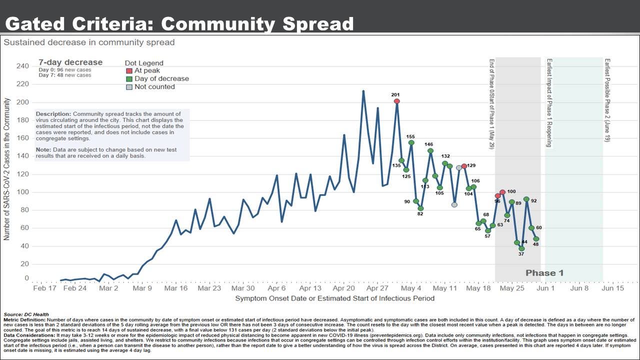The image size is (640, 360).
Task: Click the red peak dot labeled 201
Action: [x=397, y=101]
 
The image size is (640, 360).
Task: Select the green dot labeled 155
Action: [x=411, y=142]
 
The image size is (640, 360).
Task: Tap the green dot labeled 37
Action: [x=521, y=248]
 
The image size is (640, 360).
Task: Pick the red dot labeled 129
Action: [x=464, y=166]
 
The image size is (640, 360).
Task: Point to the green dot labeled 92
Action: [x=526, y=199]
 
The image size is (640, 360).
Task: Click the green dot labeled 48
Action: [x=536, y=239]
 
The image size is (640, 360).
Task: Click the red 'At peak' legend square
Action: [x=129, y=71]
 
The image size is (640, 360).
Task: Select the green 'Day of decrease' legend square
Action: [x=129, y=79]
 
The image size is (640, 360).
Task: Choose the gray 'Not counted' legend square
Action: [x=129, y=87]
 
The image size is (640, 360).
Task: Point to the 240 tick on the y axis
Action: [x=23, y=66]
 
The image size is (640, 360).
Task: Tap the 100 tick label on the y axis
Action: [x=23, y=192]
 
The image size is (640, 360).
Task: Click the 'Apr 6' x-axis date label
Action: [x=276, y=288]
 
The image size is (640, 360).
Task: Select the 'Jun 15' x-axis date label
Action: [x=612, y=288]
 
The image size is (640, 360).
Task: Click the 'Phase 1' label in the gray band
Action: [x=544, y=273]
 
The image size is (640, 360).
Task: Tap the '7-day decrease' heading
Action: [x=70, y=62]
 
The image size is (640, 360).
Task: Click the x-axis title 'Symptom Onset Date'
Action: [x=334, y=298]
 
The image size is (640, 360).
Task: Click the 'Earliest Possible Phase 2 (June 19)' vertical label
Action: [x=607, y=100]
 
